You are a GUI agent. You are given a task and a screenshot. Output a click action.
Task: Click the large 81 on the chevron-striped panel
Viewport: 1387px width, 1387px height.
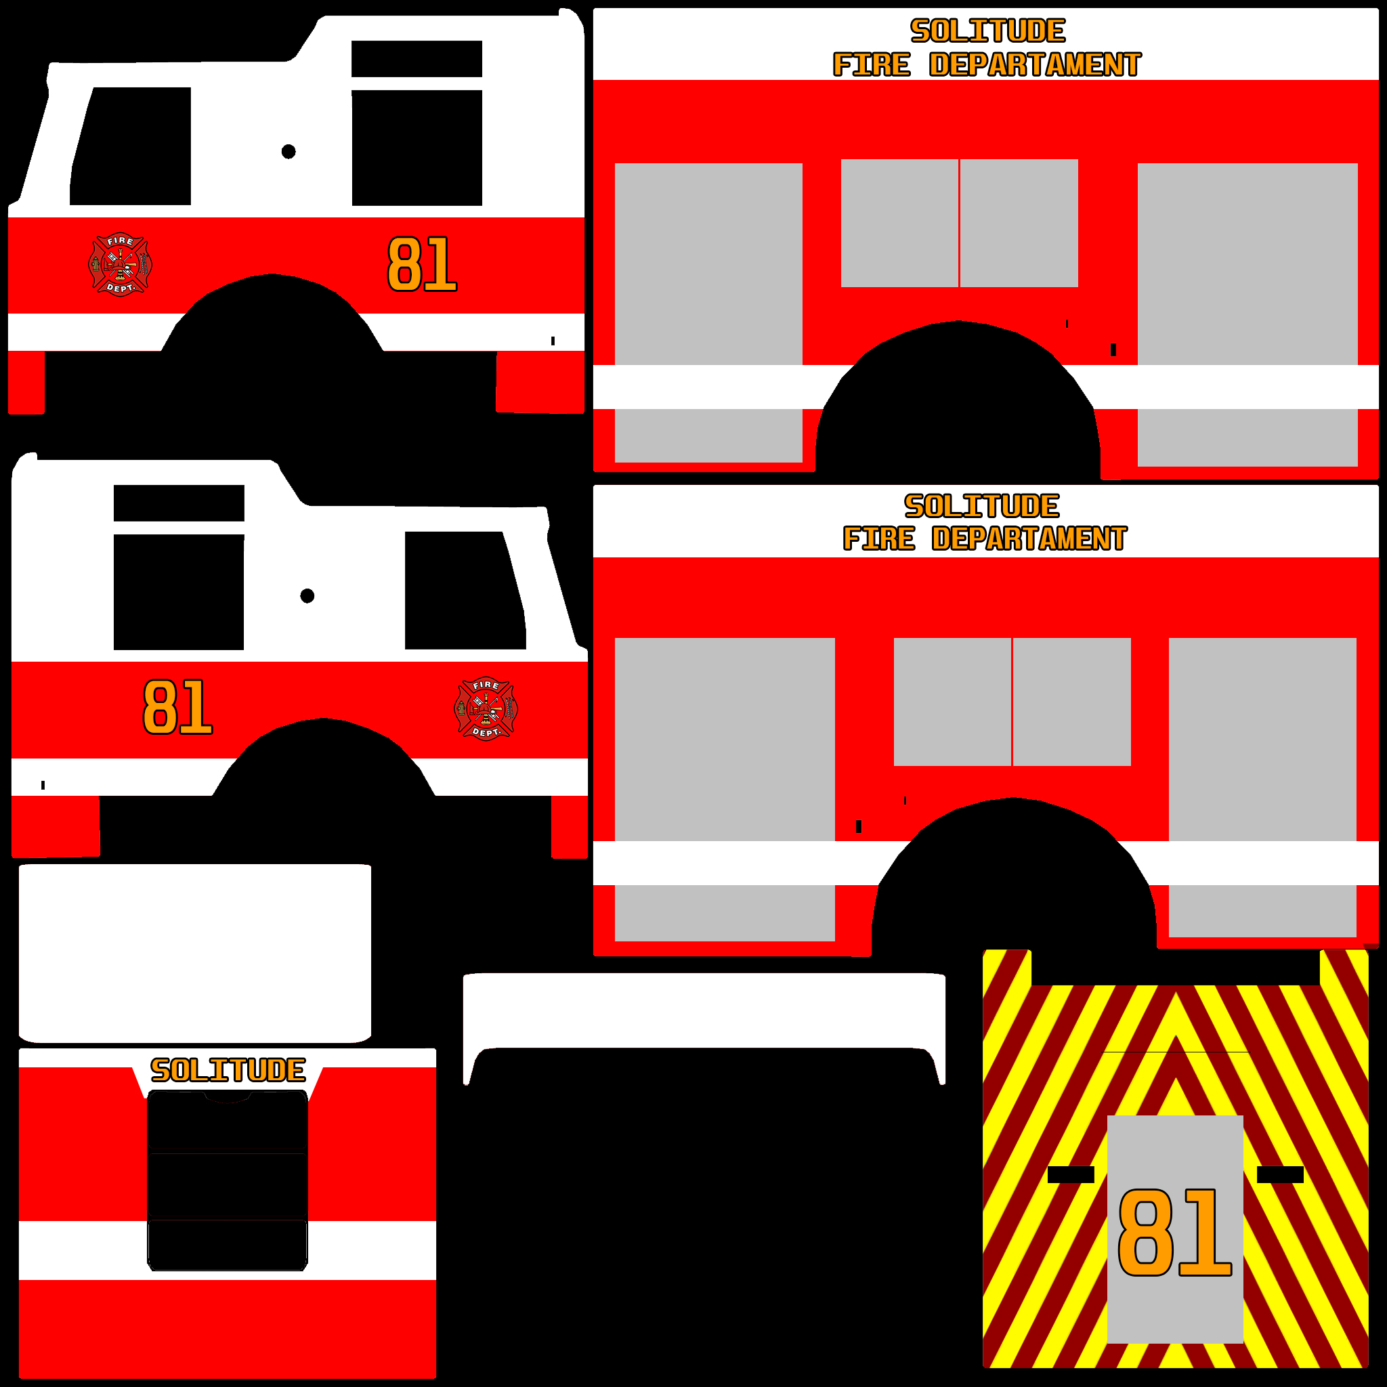pos(1174,1232)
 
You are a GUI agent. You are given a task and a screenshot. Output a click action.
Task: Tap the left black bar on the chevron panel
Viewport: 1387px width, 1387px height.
pos(1071,1174)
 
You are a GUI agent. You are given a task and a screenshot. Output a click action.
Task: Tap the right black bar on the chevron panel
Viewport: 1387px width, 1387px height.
pos(1280,1174)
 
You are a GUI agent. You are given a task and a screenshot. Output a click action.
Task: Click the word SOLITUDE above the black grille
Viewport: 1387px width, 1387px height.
pos(228,1071)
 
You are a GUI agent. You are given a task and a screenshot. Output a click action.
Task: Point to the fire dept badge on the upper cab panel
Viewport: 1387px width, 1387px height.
pos(120,264)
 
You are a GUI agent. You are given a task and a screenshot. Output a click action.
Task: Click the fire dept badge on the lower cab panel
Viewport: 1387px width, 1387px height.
pos(486,708)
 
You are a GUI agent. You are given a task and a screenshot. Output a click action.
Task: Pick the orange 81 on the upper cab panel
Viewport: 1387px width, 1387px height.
pos(421,264)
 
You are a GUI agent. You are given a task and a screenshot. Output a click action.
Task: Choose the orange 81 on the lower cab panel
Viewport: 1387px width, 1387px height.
pos(177,708)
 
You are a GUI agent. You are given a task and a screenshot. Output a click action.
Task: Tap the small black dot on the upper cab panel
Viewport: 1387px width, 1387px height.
pos(289,152)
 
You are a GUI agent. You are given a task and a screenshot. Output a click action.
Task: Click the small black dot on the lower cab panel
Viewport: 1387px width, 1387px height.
pos(307,596)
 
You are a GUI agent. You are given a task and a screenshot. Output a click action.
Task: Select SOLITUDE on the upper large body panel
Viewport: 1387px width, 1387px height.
pos(988,31)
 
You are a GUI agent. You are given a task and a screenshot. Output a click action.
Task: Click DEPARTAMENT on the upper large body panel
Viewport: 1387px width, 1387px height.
pos(1035,65)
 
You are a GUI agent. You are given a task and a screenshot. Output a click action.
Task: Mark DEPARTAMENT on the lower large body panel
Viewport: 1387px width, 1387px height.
pos(1029,539)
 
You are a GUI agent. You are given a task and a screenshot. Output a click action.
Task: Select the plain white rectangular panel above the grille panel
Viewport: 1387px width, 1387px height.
pos(194,953)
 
